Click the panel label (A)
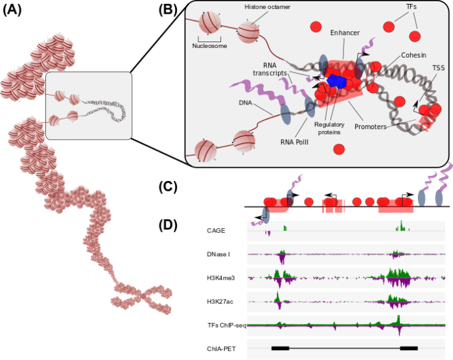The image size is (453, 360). (x=14, y=11)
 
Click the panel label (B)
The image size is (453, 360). (x=170, y=11)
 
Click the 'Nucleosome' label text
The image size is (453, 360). (x=209, y=46)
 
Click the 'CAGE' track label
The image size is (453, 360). (x=216, y=229)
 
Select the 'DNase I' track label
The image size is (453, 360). (x=219, y=254)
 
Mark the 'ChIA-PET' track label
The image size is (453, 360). (x=221, y=348)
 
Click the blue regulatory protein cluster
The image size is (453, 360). (x=335, y=81)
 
